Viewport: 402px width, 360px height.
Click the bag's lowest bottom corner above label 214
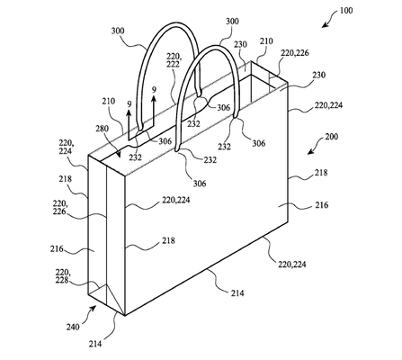tap(122, 316)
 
